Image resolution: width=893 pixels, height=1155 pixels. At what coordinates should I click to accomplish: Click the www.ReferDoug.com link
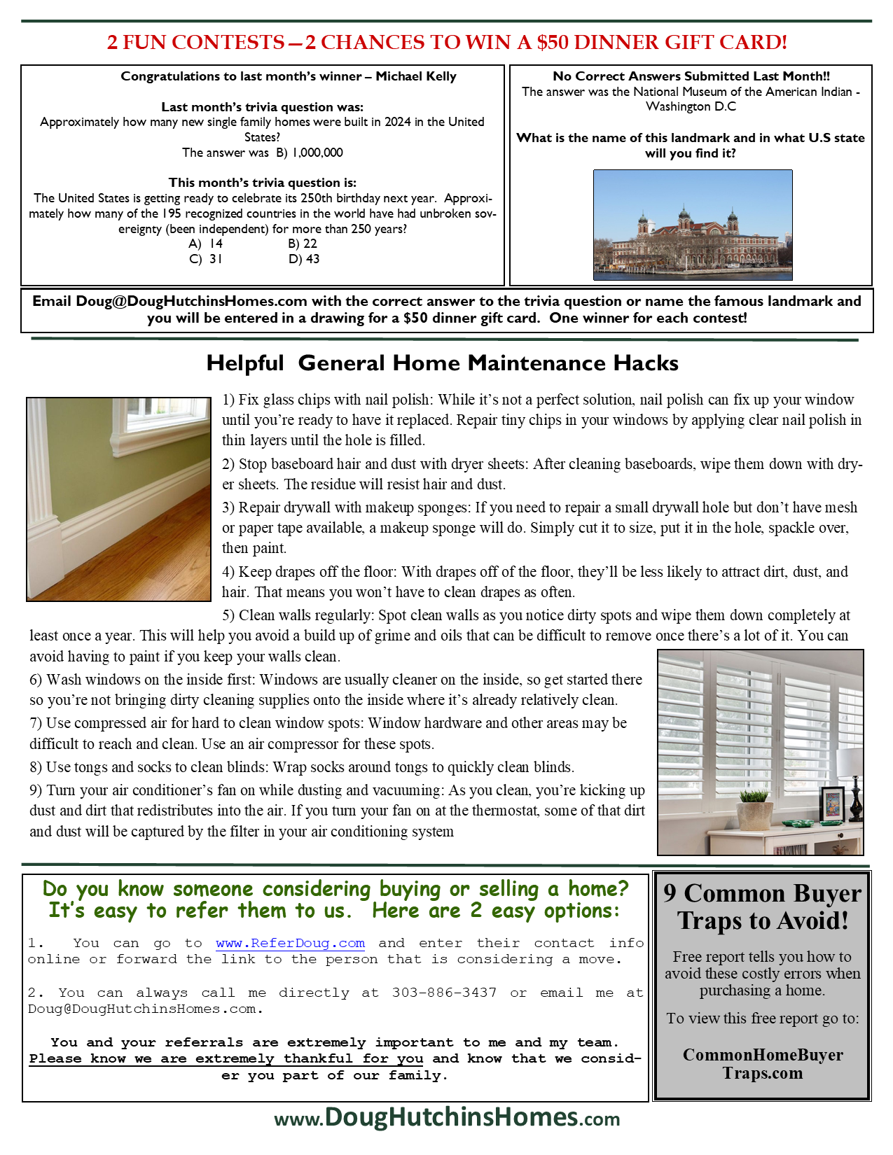(290, 943)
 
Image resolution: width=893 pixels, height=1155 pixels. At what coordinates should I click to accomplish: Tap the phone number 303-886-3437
(444, 993)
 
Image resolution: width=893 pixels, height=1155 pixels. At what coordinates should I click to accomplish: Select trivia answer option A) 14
(206, 244)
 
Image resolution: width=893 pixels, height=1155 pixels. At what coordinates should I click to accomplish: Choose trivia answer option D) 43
(304, 259)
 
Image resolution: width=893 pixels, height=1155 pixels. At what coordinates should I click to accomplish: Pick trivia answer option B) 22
(303, 244)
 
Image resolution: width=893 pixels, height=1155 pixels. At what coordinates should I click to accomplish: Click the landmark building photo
(692, 225)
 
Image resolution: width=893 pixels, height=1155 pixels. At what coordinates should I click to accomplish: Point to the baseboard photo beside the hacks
(118, 499)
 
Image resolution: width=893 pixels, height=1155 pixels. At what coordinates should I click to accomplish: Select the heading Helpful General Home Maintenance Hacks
(442, 363)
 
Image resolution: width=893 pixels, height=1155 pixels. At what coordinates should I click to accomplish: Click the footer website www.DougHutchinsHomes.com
(447, 1117)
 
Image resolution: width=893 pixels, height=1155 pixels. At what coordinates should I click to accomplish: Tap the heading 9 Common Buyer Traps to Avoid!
(762, 906)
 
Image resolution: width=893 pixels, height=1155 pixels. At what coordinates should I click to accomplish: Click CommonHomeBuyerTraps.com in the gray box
(762, 1064)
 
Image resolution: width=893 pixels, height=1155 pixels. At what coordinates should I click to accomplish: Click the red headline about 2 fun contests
(447, 43)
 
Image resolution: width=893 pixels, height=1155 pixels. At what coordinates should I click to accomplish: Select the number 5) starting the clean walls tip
(228, 615)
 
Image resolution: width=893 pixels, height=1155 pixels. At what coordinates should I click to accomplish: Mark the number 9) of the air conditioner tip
(36, 790)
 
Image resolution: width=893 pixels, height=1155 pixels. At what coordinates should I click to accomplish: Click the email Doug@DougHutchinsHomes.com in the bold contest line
(191, 302)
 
